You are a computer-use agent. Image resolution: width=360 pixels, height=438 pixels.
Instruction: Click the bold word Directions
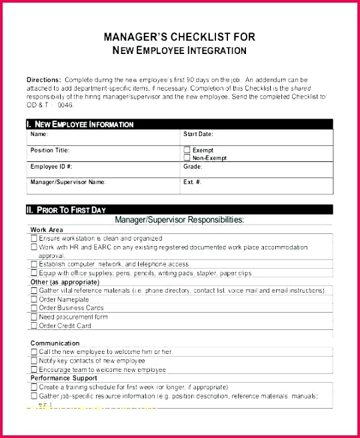[x=43, y=79]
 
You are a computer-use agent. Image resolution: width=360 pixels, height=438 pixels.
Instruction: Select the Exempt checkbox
[x=187, y=150]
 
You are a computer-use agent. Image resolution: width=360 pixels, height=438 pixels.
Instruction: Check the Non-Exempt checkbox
[x=187, y=158]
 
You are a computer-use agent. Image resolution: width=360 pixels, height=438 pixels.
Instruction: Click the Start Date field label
[x=198, y=134]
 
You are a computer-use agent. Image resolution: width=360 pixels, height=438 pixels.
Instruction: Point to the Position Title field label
[x=50, y=150]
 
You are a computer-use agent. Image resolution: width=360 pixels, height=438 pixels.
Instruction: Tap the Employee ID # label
[x=51, y=166]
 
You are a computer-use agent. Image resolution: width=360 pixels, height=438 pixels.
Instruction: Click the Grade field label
[x=193, y=166]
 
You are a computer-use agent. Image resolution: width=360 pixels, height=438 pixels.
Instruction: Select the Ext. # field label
[x=193, y=181]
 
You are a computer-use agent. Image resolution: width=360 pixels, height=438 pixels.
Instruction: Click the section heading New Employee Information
[x=83, y=124]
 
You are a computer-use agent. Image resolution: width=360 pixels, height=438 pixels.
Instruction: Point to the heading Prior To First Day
[x=70, y=210]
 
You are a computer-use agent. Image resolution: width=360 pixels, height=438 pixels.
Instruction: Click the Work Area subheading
[x=47, y=229]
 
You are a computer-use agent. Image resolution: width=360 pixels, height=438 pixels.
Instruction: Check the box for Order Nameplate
[x=34, y=299]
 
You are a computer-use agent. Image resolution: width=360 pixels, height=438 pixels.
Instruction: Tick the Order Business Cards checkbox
[x=34, y=308]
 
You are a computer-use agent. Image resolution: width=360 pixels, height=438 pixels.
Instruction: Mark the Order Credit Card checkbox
[x=34, y=325]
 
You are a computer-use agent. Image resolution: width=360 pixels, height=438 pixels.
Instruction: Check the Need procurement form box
[x=34, y=317]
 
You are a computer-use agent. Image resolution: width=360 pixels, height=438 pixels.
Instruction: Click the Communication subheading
[x=55, y=343]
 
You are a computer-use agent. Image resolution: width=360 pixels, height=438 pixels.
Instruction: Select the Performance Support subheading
[x=64, y=377]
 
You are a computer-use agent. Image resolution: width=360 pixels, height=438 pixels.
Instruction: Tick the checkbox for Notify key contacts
[x=34, y=360]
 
